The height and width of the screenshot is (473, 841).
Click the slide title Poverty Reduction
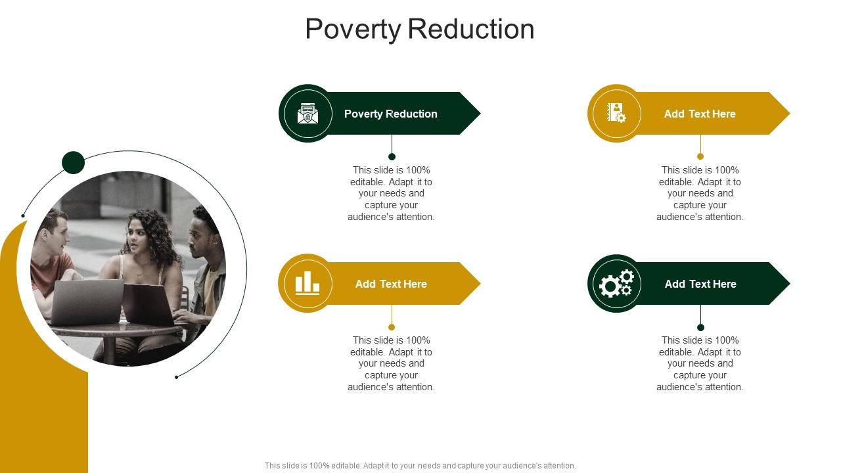point(419,30)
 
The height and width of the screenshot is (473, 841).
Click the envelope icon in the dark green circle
point(307,114)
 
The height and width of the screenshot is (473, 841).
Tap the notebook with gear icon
point(616,113)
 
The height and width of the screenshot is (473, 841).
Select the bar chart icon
point(307,284)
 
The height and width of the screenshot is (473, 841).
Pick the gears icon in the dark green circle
point(616,284)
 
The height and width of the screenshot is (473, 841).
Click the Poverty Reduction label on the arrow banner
point(391,114)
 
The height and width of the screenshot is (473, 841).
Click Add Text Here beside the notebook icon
point(700,114)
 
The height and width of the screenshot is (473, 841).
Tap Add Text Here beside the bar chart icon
point(391,284)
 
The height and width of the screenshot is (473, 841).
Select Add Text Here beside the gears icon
point(700,284)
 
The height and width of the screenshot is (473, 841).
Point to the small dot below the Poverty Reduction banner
point(392,156)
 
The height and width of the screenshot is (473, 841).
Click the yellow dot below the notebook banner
point(700,156)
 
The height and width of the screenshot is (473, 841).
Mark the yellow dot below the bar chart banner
point(392,327)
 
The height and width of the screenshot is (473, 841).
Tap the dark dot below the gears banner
point(700,327)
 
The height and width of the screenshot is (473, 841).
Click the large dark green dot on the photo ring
point(73,162)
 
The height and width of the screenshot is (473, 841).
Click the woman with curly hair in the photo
point(146,250)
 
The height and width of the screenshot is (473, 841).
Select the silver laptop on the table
point(86,301)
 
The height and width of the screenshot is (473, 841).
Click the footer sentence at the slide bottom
point(420,466)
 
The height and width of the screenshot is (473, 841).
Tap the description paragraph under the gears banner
point(700,363)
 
